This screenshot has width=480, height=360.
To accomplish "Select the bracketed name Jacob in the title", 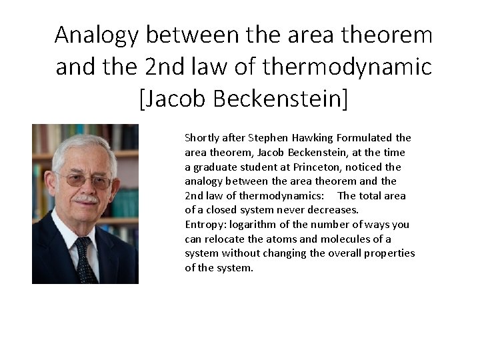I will [x=176, y=99].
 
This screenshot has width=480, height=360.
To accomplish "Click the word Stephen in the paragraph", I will [x=267, y=138].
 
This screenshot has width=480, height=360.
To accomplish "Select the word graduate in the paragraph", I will [x=213, y=167].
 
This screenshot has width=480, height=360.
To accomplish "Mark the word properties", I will [x=390, y=253].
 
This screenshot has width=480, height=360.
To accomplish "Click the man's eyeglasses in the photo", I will [x=83, y=180].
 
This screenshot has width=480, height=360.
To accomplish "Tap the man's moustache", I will [x=86, y=199].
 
